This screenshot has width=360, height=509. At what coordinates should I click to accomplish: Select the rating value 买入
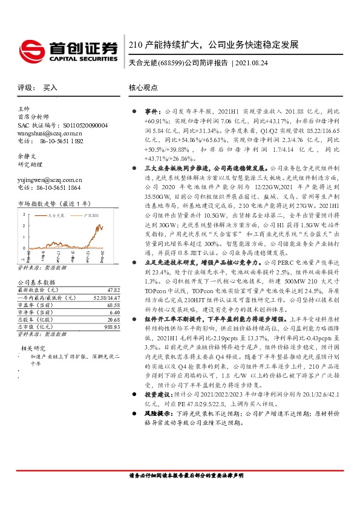point(50,88)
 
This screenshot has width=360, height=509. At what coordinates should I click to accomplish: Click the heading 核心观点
point(143,88)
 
